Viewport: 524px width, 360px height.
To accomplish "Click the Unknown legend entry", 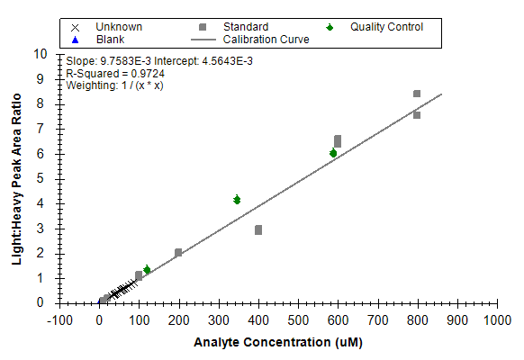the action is [106, 27].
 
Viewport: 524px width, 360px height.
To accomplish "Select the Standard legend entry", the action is [233, 27].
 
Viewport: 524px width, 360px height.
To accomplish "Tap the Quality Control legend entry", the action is [375, 27].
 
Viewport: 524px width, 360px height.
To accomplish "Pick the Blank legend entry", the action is [97, 40].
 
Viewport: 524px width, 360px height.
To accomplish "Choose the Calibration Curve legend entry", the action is [250, 40].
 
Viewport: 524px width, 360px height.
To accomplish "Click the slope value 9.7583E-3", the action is [126, 61].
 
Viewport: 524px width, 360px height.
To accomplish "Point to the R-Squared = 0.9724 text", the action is [115, 74].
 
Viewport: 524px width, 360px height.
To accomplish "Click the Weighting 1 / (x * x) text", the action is [114, 85].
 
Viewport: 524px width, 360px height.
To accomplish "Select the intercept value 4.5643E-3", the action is [227, 61].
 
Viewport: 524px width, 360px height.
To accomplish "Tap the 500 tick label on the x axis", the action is [298, 320].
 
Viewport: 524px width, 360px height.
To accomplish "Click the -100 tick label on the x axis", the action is [59, 320].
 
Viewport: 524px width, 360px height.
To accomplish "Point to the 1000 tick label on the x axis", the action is [497, 320].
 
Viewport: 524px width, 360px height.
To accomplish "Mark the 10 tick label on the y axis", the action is [41, 54].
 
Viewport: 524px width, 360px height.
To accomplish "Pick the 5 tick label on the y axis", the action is [41, 178].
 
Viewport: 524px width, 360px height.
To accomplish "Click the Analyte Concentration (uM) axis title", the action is [278, 342].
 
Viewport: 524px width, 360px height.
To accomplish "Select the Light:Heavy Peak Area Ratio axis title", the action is [17, 179].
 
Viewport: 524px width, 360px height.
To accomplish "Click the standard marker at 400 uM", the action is [258, 229].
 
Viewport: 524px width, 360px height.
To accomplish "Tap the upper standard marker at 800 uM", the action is [417, 94].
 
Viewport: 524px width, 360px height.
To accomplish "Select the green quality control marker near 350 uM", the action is [237, 200].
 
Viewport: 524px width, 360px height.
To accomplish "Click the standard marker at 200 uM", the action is [178, 253].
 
